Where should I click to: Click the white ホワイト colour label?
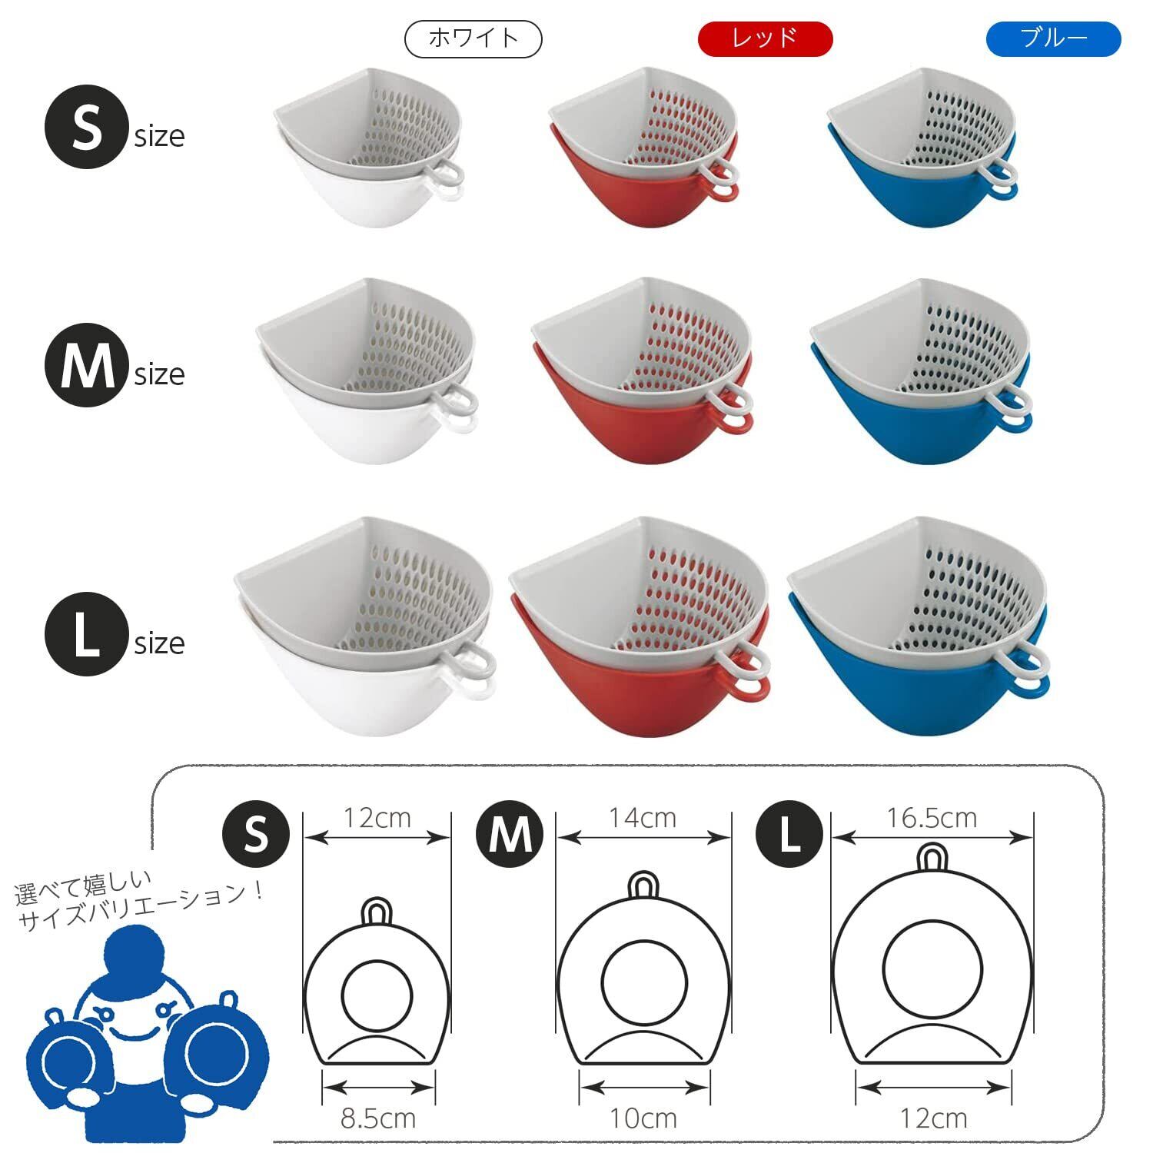(473, 39)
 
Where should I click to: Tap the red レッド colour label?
(765, 39)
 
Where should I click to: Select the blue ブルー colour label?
(1054, 39)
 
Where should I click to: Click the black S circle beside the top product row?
(86, 128)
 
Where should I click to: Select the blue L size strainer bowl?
(919, 626)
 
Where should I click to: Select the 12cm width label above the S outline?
(377, 818)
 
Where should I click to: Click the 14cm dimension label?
(643, 818)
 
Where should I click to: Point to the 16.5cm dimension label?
(932, 818)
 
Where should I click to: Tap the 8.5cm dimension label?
(378, 1118)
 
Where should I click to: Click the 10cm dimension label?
(643, 1118)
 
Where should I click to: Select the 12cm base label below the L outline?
(933, 1118)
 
